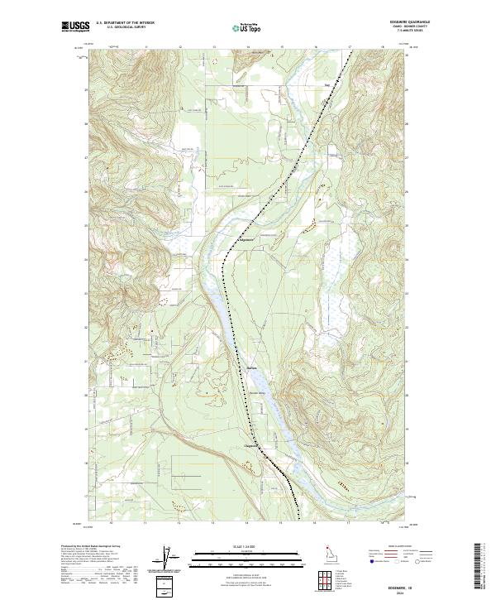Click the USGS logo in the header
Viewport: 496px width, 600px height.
tap(75, 27)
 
